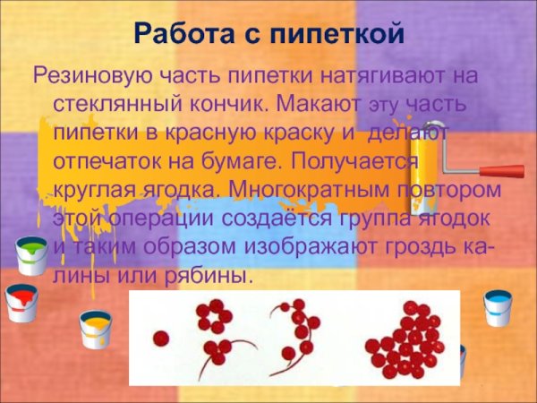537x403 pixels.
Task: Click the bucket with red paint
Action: point(19,303)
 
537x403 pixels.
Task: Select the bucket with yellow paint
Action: point(94,330)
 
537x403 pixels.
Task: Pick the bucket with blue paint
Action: point(497,308)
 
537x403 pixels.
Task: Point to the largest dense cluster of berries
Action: point(408,340)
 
